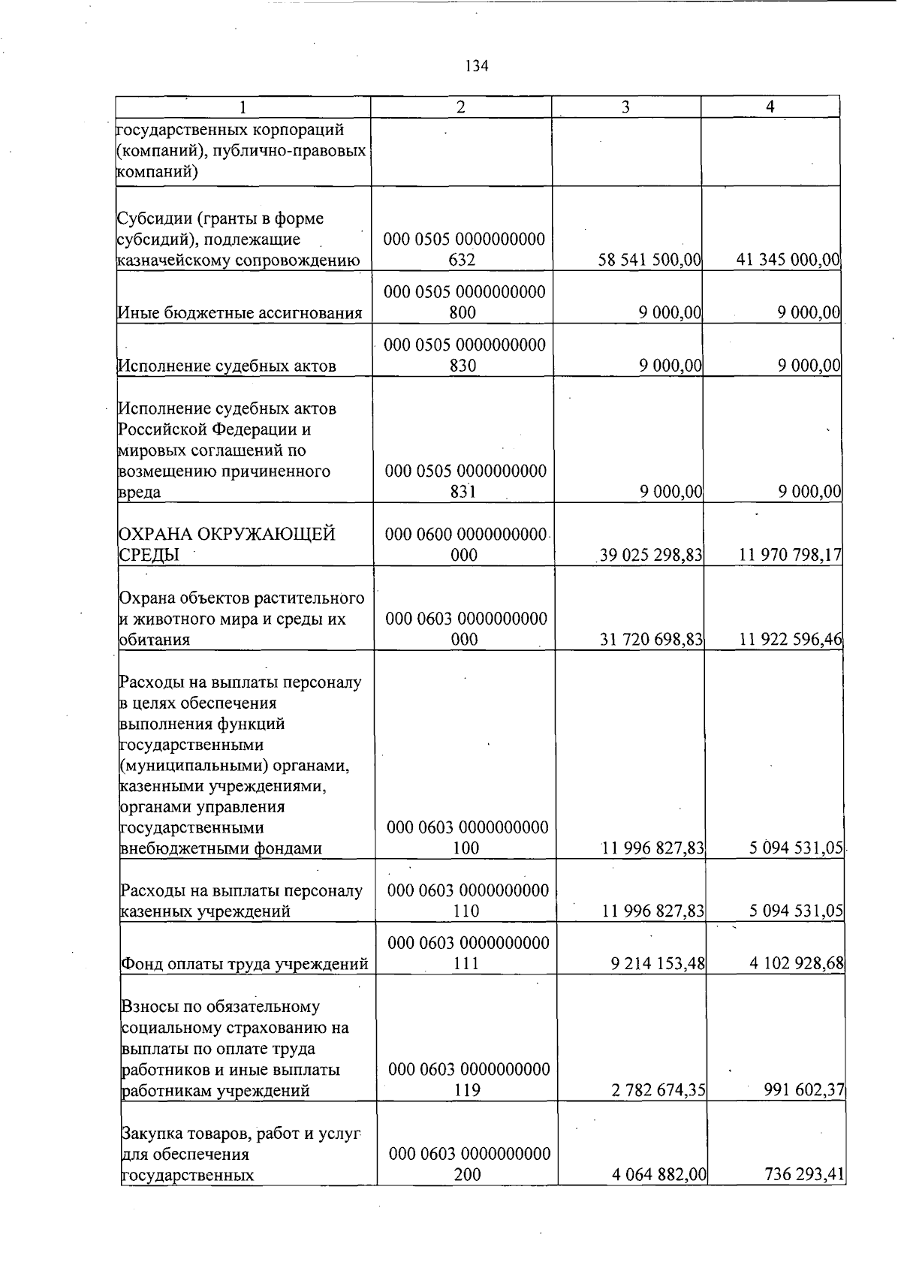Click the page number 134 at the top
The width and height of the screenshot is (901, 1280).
[x=477, y=66]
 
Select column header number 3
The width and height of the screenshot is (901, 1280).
[x=625, y=107]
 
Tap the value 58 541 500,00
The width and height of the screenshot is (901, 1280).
[x=650, y=261]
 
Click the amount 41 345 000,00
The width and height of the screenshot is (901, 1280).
[x=788, y=261]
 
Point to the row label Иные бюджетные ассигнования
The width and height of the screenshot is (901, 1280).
[x=240, y=313]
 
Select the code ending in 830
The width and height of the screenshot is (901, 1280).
[x=464, y=355]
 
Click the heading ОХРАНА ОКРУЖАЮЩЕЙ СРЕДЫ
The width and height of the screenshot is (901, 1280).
[x=228, y=544]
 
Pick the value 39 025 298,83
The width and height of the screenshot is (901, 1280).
[x=651, y=555]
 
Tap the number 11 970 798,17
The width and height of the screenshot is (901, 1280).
[x=790, y=555]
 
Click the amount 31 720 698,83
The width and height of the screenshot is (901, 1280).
[x=651, y=640]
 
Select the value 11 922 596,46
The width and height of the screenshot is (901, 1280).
[x=791, y=640]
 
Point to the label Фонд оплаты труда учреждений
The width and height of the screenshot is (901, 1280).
[x=244, y=964]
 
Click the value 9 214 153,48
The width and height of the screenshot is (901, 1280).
[x=658, y=963]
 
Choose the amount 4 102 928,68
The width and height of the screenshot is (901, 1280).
[x=797, y=963]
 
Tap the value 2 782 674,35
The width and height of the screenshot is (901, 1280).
[x=658, y=1090]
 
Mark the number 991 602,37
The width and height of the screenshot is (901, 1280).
[x=804, y=1090]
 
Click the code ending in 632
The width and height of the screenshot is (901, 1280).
[x=464, y=250]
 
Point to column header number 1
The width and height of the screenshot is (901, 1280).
[x=242, y=107]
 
